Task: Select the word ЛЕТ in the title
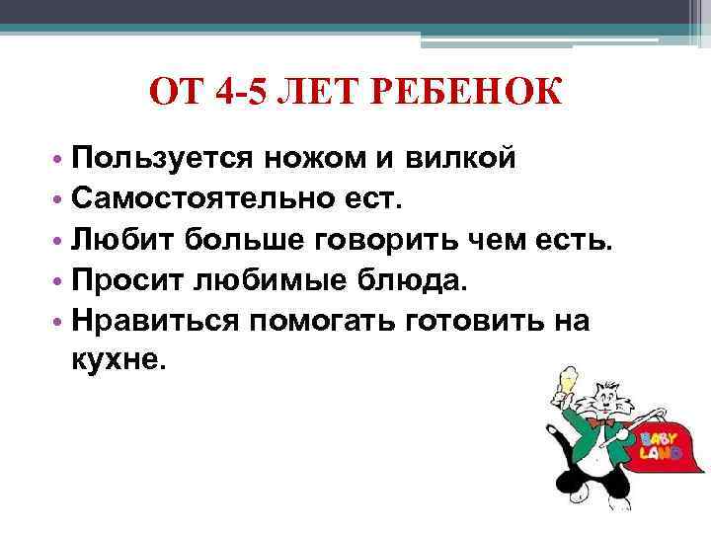[x=314, y=97]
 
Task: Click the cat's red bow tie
[x=595, y=421]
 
